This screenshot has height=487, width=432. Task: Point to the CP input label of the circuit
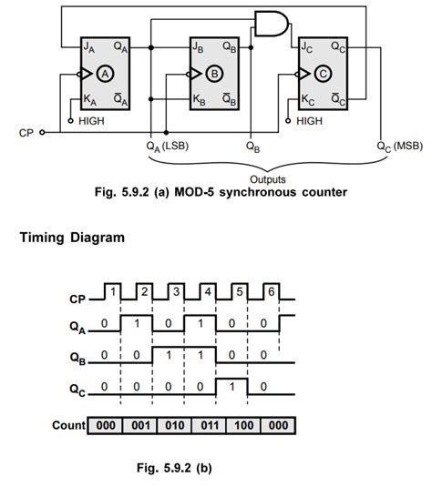pyautogui.click(x=26, y=132)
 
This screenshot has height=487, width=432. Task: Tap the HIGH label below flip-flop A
pyautogui.click(x=95, y=119)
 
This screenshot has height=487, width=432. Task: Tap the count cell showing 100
pyautogui.click(x=233, y=425)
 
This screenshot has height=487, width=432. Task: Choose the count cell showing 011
pyautogui.click(x=201, y=425)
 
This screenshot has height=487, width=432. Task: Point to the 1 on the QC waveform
pyautogui.click(x=232, y=385)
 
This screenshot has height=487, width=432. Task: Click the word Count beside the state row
pyautogui.click(x=67, y=425)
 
